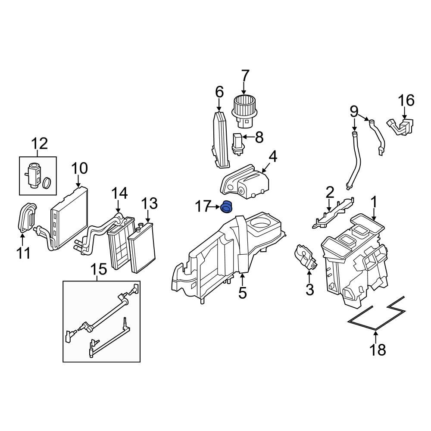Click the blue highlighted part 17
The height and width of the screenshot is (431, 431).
226,207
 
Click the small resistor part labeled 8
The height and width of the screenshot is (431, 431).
237,143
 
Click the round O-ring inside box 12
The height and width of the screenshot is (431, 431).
48,182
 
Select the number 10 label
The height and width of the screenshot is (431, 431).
79,168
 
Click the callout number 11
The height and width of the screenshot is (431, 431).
24,253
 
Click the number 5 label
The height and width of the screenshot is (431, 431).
242,293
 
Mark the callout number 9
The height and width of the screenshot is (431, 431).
354,112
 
